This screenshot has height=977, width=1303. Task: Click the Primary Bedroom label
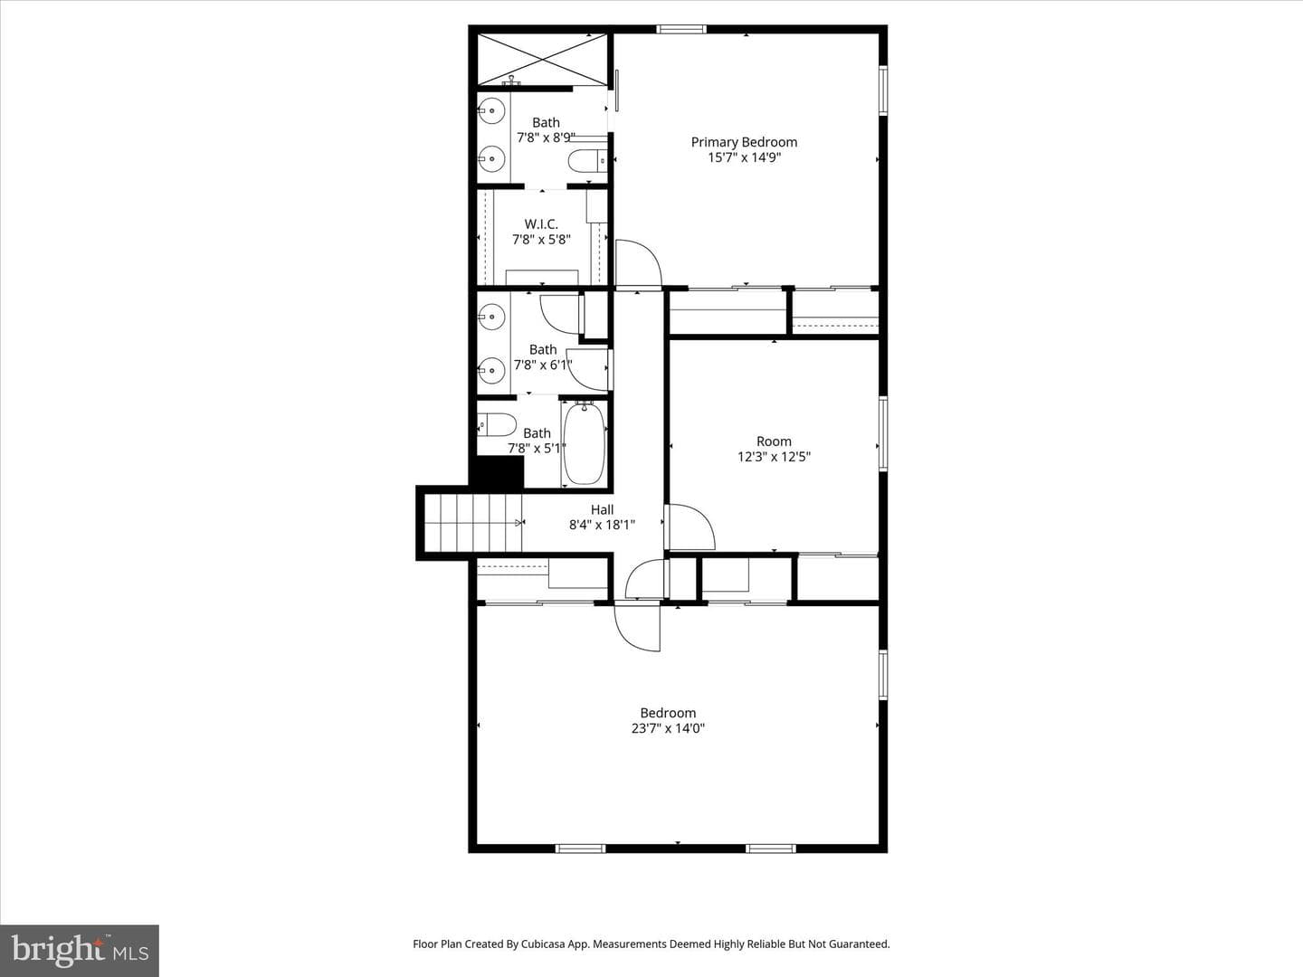(744, 142)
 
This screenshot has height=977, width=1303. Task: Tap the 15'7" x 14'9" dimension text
(744, 157)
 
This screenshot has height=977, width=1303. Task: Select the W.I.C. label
(541, 224)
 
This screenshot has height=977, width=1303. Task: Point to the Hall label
(602, 509)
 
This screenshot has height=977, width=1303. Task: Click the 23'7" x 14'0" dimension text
(668, 728)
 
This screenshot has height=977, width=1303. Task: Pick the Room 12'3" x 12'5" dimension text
(774, 457)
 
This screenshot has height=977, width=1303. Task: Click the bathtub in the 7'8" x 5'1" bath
(585, 443)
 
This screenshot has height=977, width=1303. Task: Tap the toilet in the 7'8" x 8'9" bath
(587, 160)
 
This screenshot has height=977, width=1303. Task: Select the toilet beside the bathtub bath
(497, 425)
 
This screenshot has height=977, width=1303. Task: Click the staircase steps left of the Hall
(473, 523)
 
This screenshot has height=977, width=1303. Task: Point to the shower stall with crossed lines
(542, 60)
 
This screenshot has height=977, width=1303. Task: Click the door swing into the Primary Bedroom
(638, 263)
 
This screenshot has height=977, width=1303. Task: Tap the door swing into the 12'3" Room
(690, 526)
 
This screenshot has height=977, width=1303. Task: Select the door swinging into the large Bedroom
(638, 626)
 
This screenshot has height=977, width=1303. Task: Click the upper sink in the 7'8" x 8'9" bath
(491, 110)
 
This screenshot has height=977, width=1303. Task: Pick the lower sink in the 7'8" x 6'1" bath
(491, 371)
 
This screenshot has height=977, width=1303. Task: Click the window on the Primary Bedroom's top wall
(681, 29)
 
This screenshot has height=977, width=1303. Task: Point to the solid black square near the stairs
(497, 471)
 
